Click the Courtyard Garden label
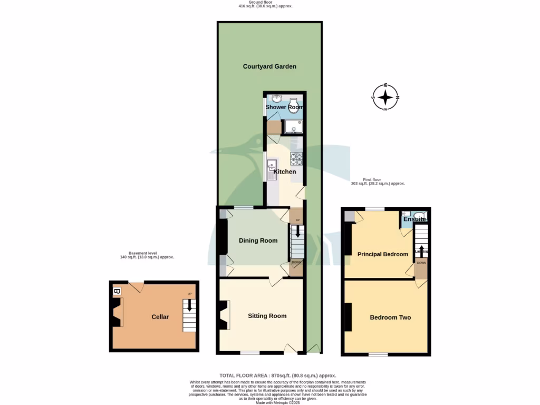pos(269,66)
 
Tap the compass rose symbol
pos(386,98)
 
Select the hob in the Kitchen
pos(296,159)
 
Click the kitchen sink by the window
pos(272,170)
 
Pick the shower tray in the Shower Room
pos(292,127)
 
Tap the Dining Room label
pos(258,240)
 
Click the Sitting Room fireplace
pos(225,315)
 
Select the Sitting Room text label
pos(267,316)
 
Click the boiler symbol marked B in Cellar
pos(117,291)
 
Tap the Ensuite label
pos(414,219)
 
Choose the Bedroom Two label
pos(390,317)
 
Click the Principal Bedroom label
pos(383,254)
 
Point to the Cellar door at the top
pos(136,286)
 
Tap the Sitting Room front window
pos(250,352)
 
